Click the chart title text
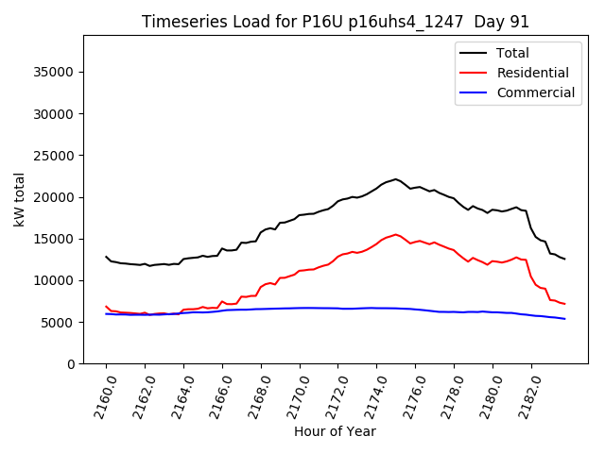tap(336, 22)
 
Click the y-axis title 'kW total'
tap(20, 199)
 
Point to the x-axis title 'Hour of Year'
tap(335, 431)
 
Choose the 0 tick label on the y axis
tap(70, 364)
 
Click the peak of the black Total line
tap(396, 178)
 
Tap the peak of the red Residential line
tap(396, 234)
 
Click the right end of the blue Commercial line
tap(564, 319)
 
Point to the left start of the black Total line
tap(106, 257)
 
